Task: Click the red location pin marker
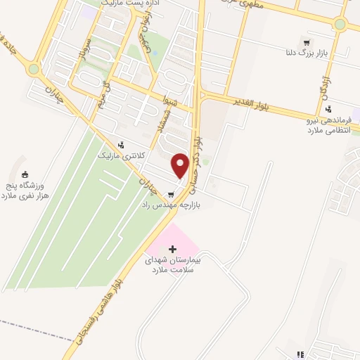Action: tap(181, 164)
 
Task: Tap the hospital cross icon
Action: tap(173, 249)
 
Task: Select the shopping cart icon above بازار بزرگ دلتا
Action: tap(305, 41)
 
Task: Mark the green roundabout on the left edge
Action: tap(33, 68)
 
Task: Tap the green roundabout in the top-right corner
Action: tap(340, 25)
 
